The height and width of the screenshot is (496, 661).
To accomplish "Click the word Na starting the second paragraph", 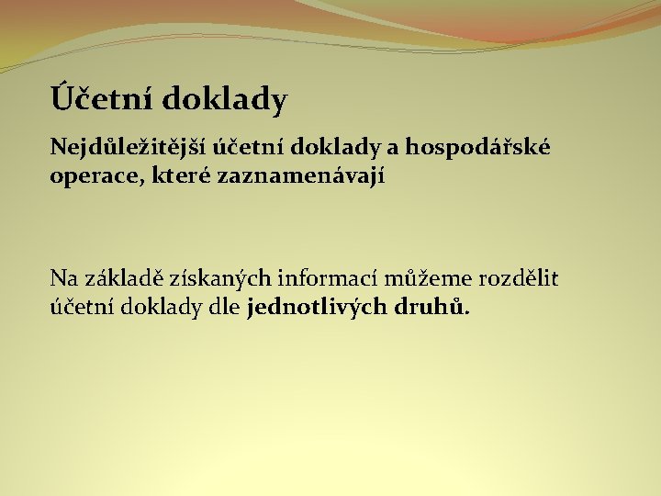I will [64, 278].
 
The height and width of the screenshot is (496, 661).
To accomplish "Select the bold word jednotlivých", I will [321, 308].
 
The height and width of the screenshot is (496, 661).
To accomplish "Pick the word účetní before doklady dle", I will [81, 308].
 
